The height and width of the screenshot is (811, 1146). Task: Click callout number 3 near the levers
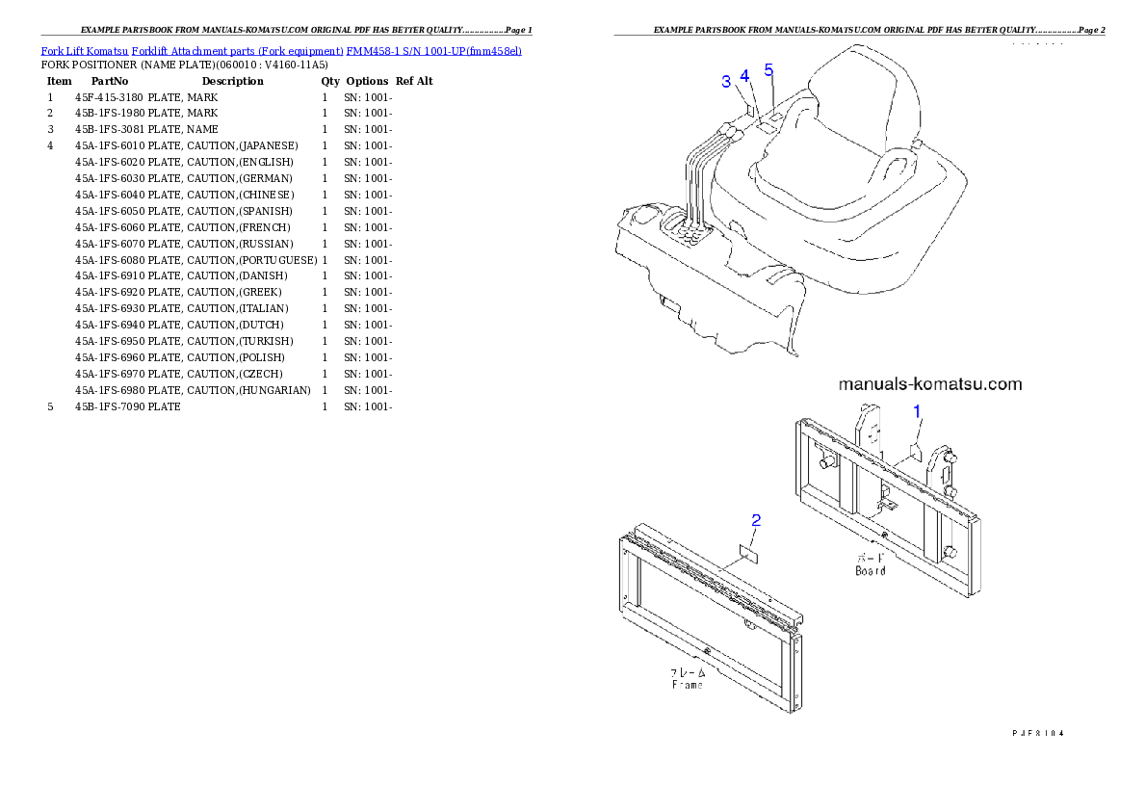726,82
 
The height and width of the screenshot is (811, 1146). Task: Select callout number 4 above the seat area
745,76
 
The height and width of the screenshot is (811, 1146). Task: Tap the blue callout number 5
768,69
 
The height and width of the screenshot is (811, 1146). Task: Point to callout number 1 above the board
917,411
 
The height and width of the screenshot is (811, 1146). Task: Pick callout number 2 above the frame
756,521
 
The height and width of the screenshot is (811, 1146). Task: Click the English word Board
870,570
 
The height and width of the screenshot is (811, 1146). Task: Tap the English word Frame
687,684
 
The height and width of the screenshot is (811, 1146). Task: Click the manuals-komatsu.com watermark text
930,384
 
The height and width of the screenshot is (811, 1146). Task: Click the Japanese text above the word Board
870,558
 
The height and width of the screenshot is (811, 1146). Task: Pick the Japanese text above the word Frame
687,672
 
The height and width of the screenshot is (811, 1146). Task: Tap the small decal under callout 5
773,115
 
